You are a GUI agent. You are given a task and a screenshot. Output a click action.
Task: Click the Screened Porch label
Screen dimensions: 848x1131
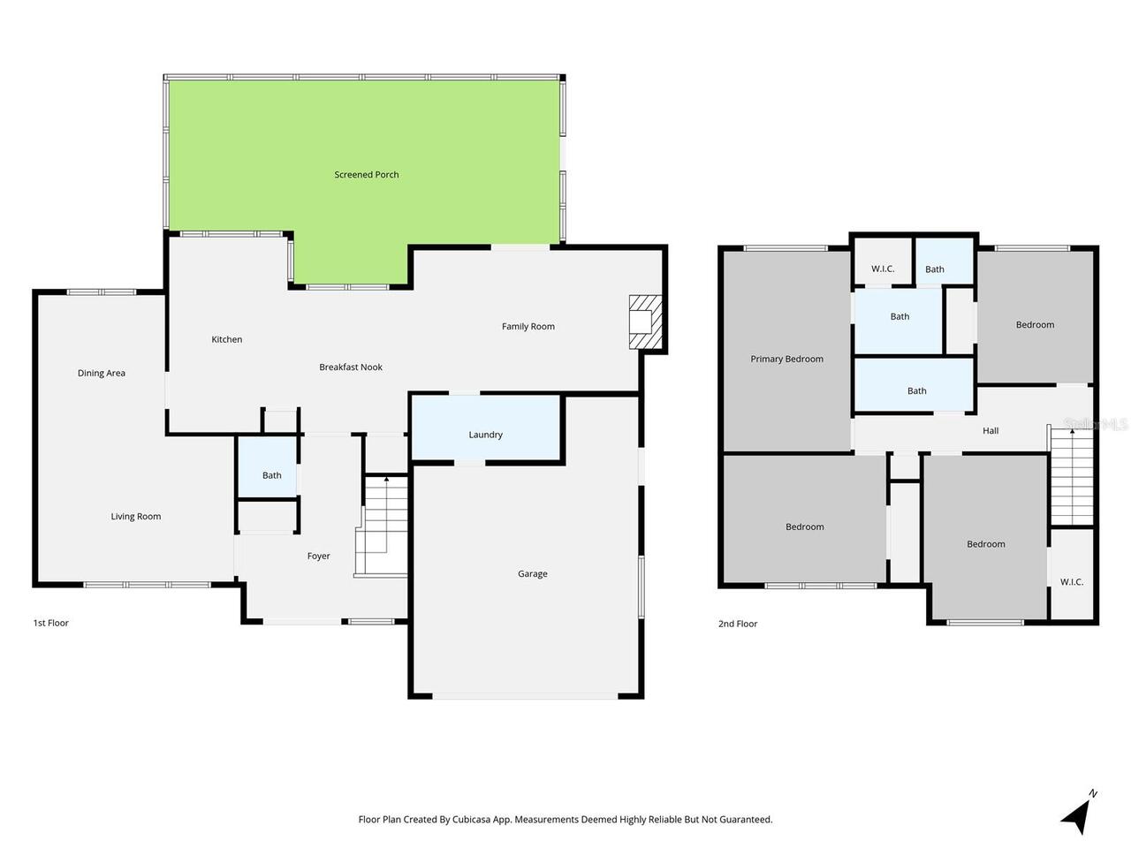pos(366,175)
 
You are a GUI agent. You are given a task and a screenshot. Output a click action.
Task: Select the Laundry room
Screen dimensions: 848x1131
pos(485,435)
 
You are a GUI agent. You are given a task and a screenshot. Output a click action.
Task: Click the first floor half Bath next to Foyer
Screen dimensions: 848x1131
pos(271,475)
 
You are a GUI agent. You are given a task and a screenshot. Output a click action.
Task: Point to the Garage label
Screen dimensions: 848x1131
pos(532,574)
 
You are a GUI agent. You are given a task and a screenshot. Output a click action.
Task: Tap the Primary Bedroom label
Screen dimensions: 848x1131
pos(786,360)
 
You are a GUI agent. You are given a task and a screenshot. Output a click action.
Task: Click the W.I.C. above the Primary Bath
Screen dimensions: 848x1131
pos(883,269)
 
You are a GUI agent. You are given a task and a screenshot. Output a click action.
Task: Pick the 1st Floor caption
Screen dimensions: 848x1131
pos(50,624)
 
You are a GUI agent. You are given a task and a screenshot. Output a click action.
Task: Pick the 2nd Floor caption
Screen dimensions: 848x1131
pos(738,625)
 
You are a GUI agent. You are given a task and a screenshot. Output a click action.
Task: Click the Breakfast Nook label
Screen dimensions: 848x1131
pos(351,367)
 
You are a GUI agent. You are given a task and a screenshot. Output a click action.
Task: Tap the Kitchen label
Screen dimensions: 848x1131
pos(227,340)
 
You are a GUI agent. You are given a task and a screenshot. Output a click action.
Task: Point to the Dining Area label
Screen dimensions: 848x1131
pos(102,374)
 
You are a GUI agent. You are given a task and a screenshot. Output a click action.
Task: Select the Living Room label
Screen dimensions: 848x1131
pos(136,517)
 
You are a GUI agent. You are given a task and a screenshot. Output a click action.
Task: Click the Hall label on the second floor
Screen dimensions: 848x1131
pos(991,431)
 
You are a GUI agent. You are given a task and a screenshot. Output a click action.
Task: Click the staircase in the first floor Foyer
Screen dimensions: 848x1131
pos(383,526)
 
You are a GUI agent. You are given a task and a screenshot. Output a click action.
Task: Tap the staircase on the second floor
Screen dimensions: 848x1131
pos(1071,477)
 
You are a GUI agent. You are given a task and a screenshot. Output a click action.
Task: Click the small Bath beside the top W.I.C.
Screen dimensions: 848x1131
pos(935,269)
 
